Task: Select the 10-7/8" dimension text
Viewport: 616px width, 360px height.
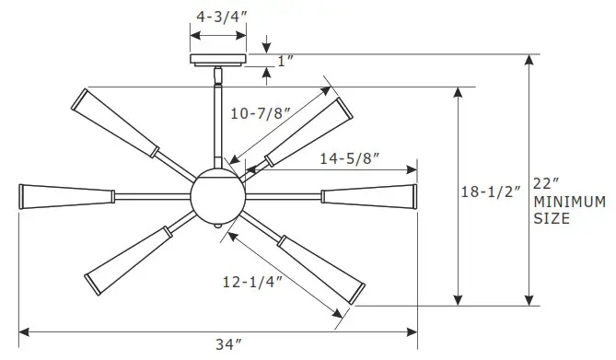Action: pos(262,114)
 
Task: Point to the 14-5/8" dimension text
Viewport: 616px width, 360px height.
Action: pos(350,157)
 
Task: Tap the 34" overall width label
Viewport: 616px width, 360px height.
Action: pos(227,344)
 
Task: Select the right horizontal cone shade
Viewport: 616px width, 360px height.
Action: pos(368,195)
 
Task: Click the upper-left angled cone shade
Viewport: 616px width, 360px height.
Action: pos(119,122)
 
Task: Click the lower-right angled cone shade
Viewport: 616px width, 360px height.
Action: pos(319,268)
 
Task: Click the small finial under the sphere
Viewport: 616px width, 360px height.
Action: pos(217,226)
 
